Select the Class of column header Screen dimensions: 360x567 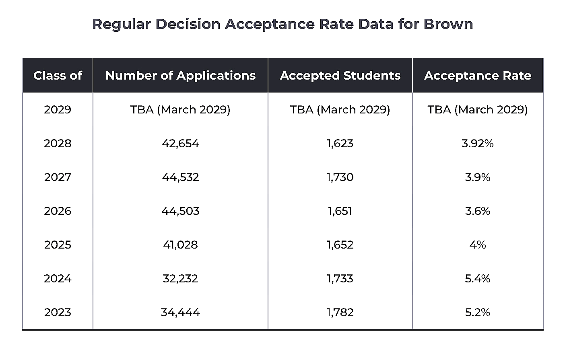(58, 76)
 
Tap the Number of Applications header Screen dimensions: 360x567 (180, 76)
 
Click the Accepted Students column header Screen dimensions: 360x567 (340, 76)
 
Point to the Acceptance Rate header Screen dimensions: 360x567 (477, 76)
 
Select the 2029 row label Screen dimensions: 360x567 (58, 109)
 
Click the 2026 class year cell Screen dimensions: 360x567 (58, 211)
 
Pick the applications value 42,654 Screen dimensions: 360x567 (180, 143)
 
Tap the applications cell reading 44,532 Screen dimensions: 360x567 (180, 177)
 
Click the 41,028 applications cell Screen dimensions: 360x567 (180, 245)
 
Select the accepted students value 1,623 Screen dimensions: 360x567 (340, 143)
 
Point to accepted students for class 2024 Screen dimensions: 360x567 (340, 278)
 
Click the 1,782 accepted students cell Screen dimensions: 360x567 (340, 312)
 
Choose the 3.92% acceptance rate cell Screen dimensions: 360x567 (477, 143)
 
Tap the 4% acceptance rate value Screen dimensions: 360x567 (477, 245)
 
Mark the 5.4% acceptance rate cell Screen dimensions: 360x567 (477, 278)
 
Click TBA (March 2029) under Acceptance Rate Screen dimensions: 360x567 (477, 109)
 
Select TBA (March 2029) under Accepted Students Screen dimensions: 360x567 (340, 109)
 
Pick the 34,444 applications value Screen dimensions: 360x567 (180, 312)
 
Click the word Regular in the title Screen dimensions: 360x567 (121, 24)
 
